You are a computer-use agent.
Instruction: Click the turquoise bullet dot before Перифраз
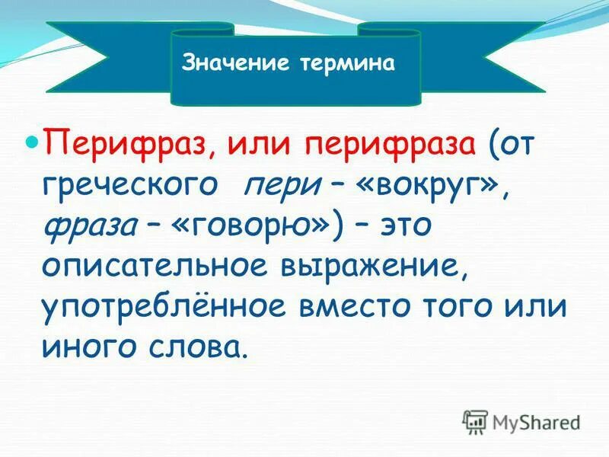(33, 142)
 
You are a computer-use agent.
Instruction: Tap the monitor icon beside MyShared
(475, 421)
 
